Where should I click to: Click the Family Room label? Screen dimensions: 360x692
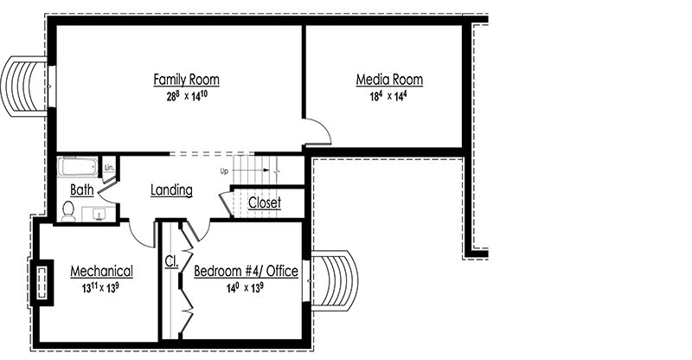click(186, 80)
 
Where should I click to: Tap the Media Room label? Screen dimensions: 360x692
click(389, 80)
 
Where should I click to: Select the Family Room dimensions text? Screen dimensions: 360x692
click(186, 97)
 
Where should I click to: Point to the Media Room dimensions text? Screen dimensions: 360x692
click(389, 97)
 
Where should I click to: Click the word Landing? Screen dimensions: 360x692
click(170, 190)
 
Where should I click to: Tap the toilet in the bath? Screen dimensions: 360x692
click(68, 210)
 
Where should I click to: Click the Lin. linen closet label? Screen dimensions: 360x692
click(109, 166)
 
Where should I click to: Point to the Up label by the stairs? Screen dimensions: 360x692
click(224, 170)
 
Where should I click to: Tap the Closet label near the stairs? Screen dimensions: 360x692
click(264, 202)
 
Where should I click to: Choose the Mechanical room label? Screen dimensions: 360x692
click(101, 271)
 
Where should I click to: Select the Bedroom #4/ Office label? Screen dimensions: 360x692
click(246, 271)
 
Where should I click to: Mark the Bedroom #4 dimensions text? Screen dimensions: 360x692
click(246, 288)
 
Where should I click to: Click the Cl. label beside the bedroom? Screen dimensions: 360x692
click(170, 260)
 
